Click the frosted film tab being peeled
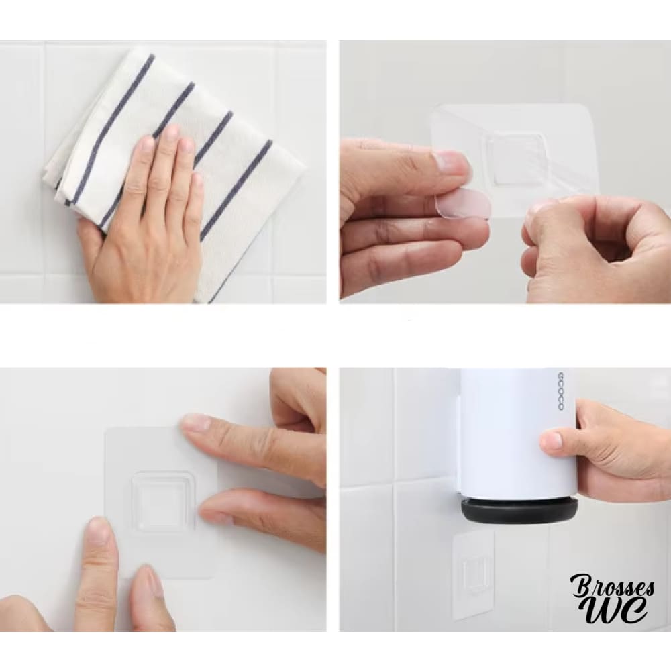(462, 206)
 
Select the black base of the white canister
(519, 511)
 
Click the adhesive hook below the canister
(474, 575)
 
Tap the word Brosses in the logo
(612, 587)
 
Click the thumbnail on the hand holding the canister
(552, 440)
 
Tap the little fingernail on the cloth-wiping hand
(197, 180)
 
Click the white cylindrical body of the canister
(518, 432)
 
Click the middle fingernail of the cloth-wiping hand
(171, 133)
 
